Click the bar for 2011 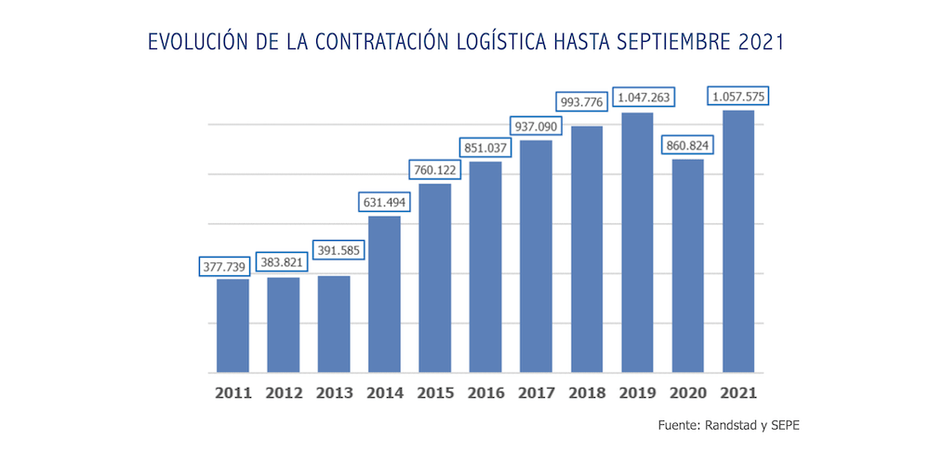point(232,325)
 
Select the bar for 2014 point(384,294)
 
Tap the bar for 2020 point(687,266)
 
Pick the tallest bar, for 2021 point(737,242)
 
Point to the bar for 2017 point(536,257)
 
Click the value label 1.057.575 point(740,96)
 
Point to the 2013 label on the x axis point(334,393)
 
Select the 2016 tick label point(485,393)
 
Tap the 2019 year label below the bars point(637,393)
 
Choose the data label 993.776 point(586,100)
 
